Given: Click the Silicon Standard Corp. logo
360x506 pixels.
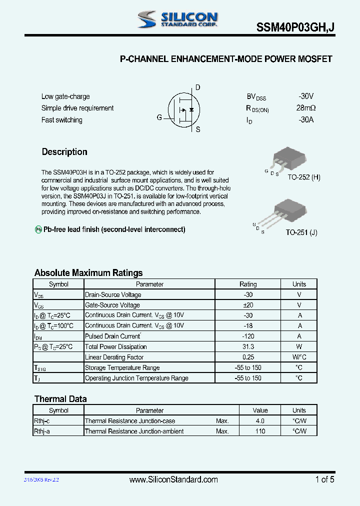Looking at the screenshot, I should tap(177, 19).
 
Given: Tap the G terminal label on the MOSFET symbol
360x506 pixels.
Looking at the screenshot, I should tap(159, 117).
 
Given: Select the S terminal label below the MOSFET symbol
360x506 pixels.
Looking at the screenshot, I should tap(197, 129).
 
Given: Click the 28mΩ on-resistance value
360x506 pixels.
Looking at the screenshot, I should tap(305, 108).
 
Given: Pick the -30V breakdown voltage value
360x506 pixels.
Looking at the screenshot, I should tap(305, 96).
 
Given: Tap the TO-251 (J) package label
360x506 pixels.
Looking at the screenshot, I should tap(301, 232).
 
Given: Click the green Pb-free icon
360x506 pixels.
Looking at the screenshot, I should tap(38, 229).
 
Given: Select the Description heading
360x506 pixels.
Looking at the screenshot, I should tap(64, 152).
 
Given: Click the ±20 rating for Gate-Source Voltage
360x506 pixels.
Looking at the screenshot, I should tap(247, 305).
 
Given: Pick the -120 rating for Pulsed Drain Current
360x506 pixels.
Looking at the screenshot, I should tap(247, 336).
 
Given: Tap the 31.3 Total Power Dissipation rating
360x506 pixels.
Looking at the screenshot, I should tap(247, 347).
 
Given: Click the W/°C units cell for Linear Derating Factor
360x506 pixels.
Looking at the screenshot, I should tap(299, 357).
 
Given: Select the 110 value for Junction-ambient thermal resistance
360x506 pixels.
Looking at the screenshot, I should tap(260, 431).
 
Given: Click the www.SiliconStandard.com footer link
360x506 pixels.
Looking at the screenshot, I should tap(173, 479).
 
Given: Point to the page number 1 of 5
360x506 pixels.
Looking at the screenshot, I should tap(324, 479).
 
